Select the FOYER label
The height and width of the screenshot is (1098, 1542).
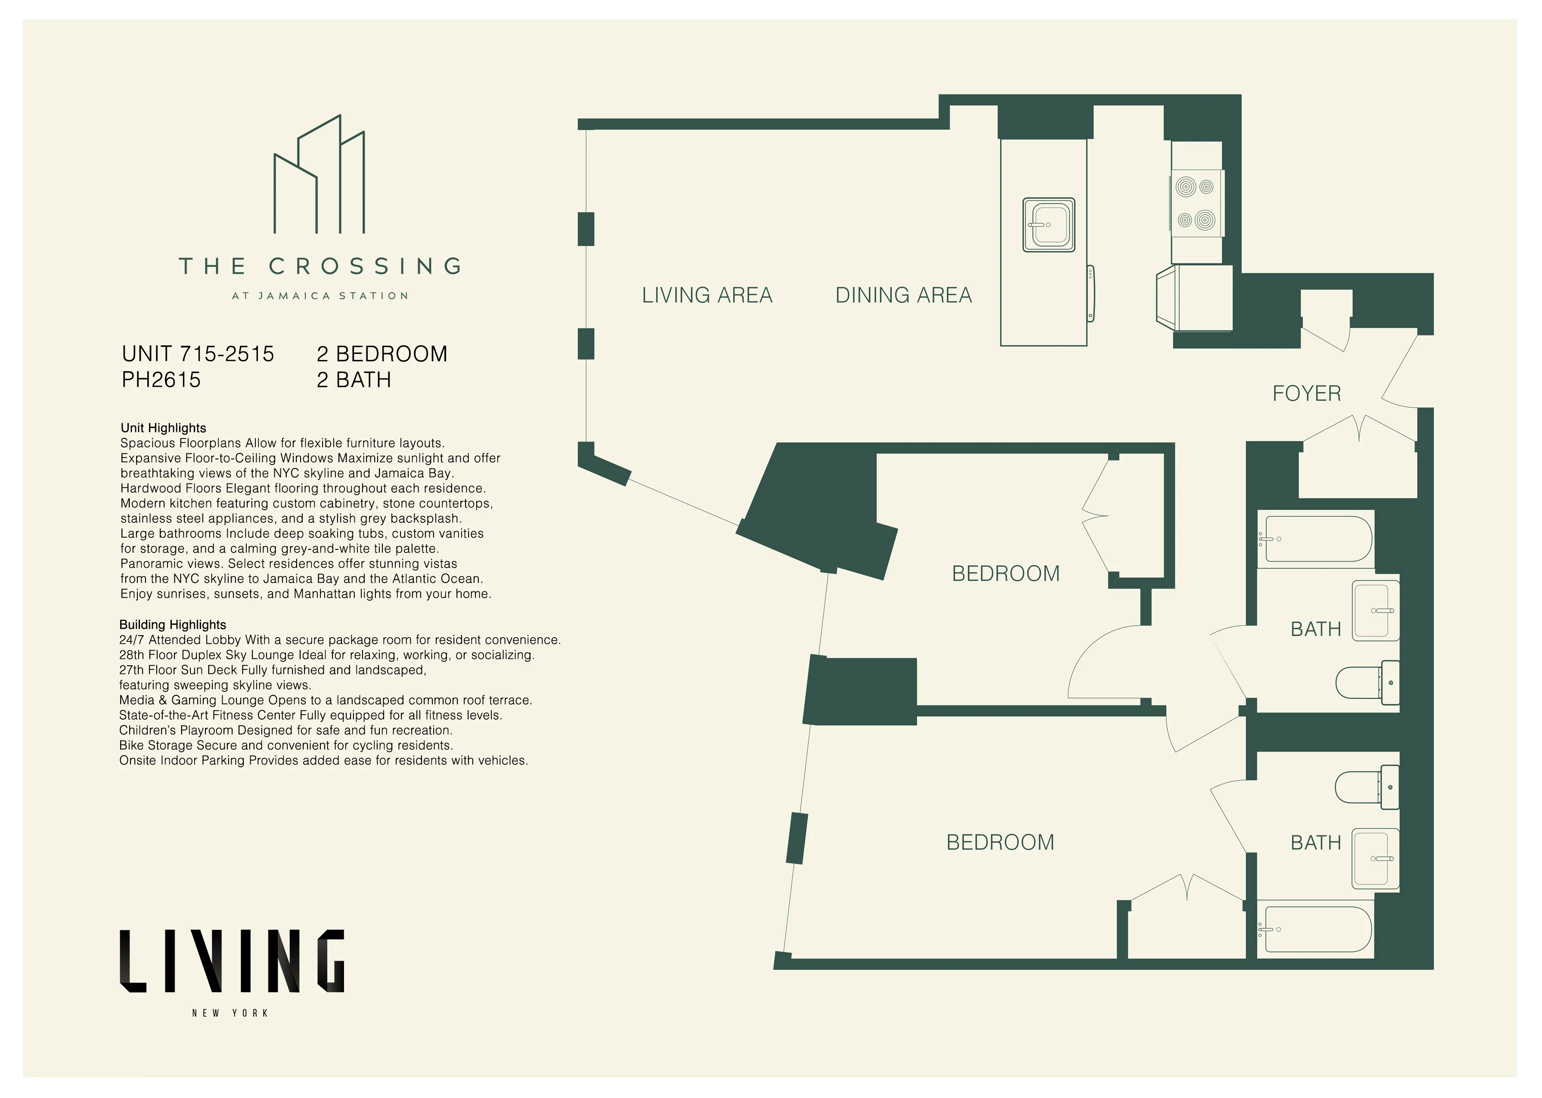tap(1306, 394)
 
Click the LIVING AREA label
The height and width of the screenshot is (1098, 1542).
tap(707, 295)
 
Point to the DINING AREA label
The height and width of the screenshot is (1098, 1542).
tap(903, 295)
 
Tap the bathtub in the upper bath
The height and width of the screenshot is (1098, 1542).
tap(1318, 539)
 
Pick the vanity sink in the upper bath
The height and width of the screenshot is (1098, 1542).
tap(1375, 611)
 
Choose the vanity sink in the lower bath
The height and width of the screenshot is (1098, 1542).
tap(1375, 859)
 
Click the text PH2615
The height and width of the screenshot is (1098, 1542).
tap(161, 380)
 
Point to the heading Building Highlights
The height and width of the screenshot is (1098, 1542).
tap(172, 625)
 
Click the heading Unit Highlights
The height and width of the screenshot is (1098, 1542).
tap(163, 428)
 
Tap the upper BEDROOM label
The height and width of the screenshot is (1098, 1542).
tap(1005, 574)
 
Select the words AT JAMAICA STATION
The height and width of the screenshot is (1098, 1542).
tap(320, 296)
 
